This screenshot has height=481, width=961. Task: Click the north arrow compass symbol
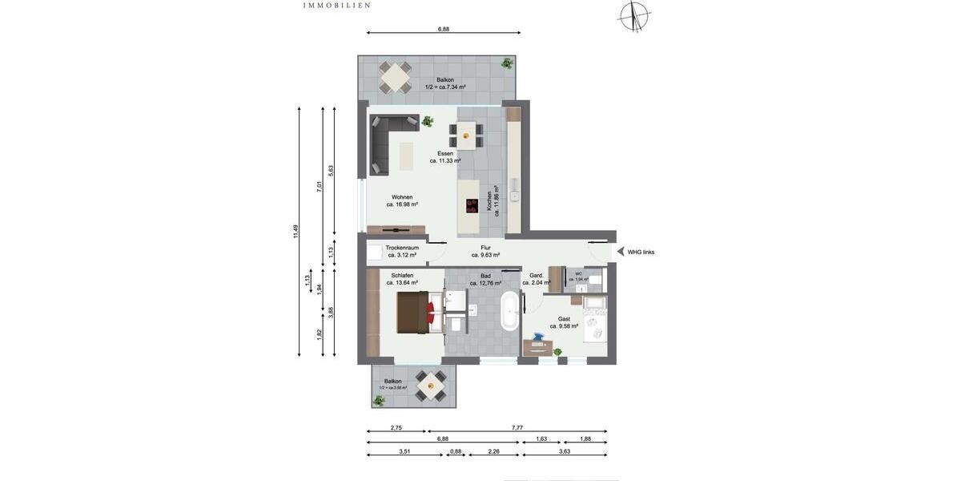(x=634, y=15)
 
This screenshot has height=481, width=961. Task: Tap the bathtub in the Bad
(x=509, y=312)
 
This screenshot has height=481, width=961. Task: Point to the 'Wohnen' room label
(x=402, y=197)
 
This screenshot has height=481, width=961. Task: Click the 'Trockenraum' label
(x=402, y=248)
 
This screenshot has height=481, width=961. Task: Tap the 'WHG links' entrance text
(x=641, y=252)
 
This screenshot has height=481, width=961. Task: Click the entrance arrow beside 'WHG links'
(x=620, y=252)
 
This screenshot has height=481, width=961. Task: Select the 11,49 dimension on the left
(x=296, y=231)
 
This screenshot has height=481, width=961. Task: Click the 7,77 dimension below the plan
(x=517, y=428)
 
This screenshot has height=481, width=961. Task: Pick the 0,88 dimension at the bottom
(x=456, y=451)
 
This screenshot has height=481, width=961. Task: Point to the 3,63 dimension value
(x=565, y=451)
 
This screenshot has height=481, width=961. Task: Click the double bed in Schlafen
(x=416, y=312)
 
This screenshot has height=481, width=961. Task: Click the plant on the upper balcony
(x=506, y=63)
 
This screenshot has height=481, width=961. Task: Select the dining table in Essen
(x=466, y=135)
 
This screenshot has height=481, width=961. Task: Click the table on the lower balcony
(x=431, y=385)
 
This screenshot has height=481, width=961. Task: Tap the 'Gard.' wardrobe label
(x=537, y=276)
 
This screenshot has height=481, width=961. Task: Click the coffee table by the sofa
(x=406, y=156)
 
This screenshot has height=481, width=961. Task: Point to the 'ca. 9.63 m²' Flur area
(x=485, y=255)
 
